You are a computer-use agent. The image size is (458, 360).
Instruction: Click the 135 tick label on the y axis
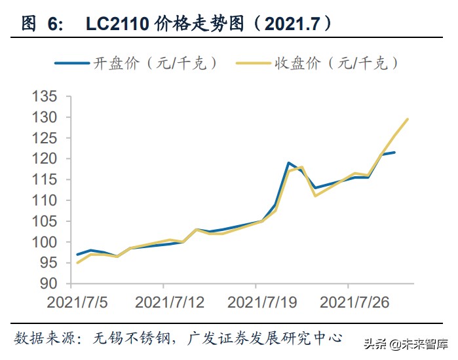point(45,97)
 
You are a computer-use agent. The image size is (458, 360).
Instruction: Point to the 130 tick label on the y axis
point(45,118)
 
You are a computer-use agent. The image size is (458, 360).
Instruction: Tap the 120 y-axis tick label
point(45,159)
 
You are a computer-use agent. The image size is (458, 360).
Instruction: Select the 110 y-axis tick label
point(45,200)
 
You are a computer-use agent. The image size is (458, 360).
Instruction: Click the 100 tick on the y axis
point(45,242)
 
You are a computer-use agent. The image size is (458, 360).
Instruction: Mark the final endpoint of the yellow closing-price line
point(408,119)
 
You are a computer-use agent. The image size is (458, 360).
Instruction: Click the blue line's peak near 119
point(288,162)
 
